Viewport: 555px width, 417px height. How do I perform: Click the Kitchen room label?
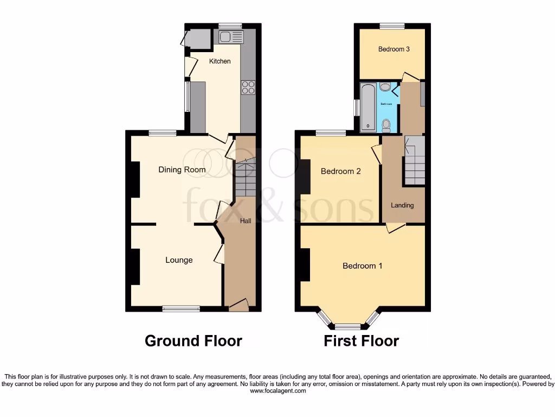[220, 61]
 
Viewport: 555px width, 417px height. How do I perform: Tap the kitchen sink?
[231, 37]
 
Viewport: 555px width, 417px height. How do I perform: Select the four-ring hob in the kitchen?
[248, 87]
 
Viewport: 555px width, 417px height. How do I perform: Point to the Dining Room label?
[182, 170]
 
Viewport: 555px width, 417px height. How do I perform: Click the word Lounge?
[179, 260]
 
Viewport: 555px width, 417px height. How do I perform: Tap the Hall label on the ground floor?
[246, 221]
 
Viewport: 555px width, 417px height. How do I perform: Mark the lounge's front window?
[181, 309]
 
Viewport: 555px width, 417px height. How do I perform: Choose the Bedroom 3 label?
[393, 49]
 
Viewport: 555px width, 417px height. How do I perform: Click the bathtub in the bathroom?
[369, 106]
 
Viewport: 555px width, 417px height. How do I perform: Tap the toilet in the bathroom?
[386, 127]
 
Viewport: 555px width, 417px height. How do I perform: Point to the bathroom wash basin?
[385, 87]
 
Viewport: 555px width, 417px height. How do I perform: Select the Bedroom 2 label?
[341, 172]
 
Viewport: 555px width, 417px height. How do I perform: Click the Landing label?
[402, 205]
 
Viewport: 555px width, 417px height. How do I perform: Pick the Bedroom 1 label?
[363, 266]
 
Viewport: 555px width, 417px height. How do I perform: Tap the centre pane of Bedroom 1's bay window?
[347, 326]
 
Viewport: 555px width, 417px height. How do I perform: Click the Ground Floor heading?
[193, 341]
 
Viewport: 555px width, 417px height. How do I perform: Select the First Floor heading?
[361, 341]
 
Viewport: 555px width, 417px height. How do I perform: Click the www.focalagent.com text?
[277, 390]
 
